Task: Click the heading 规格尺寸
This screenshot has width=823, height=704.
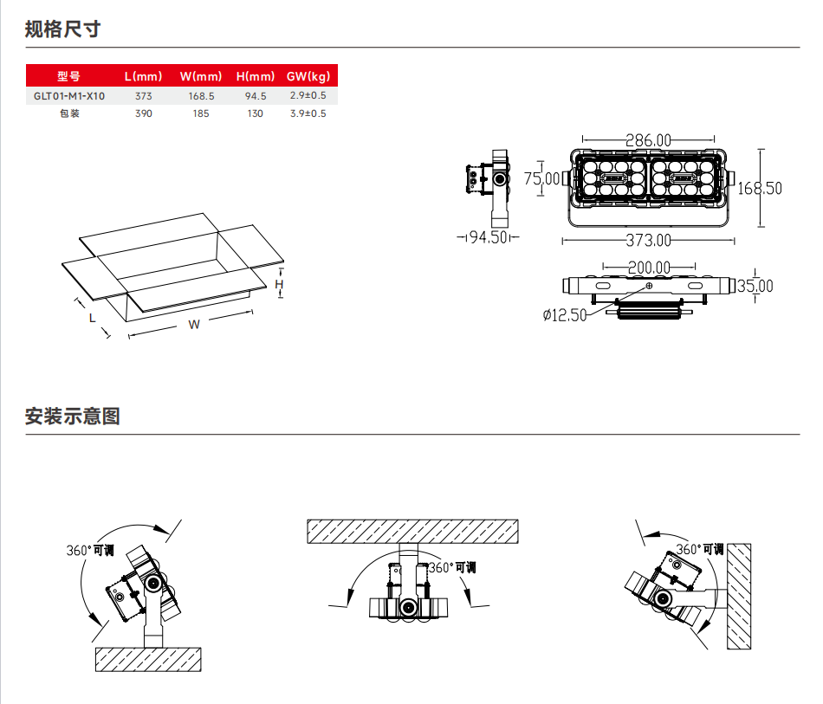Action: point(63,29)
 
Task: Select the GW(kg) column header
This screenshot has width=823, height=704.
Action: point(308,75)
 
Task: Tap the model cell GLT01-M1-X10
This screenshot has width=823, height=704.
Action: point(69,96)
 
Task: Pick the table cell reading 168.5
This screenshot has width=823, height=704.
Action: point(201,96)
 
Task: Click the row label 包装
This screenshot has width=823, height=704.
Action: point(69,113)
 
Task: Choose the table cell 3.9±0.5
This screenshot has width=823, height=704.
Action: point(308,113)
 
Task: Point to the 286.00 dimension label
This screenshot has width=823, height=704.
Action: point(648,139)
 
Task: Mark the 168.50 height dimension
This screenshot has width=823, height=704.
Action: point(759,188)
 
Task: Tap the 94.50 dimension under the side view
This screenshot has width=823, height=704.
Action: point(487,237)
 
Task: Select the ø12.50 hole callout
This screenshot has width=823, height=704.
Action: point(565,314)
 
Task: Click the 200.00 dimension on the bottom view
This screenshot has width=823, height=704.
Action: point(648,268)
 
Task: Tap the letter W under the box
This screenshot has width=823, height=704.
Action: point(194,325)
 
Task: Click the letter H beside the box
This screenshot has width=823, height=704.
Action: point(280,284)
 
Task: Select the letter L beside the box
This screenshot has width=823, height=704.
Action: point(92,318)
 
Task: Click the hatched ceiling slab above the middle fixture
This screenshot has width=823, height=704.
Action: point(412,531)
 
